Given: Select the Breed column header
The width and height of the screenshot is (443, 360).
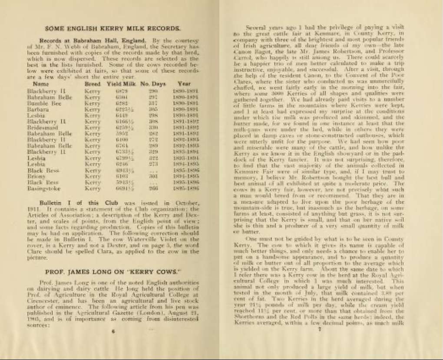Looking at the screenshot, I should [x=93, y=83].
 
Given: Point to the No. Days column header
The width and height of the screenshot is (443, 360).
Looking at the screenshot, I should [x=151, y=83].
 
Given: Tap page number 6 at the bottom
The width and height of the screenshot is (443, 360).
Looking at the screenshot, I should [x=112, y=331].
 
